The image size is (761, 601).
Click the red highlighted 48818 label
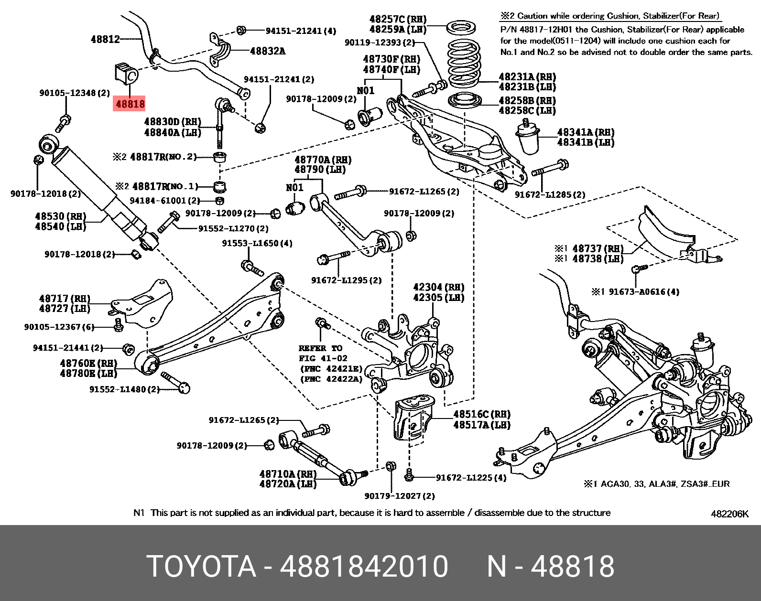point(130,103)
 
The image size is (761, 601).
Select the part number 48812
point(105,39)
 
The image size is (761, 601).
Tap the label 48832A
point(267,51)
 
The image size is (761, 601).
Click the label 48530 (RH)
point(61,216)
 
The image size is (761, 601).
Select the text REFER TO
point(320,348)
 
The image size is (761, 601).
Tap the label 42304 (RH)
point(438,287)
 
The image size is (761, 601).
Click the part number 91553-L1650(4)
point(257,243)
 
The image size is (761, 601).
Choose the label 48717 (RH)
point(64,299)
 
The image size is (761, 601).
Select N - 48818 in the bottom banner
point(550,567)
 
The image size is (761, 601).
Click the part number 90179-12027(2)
point(399,496)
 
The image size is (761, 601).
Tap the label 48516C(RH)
point(481,414)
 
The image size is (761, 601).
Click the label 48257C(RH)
point(398,19)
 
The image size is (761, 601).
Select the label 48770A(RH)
point(323,160)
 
